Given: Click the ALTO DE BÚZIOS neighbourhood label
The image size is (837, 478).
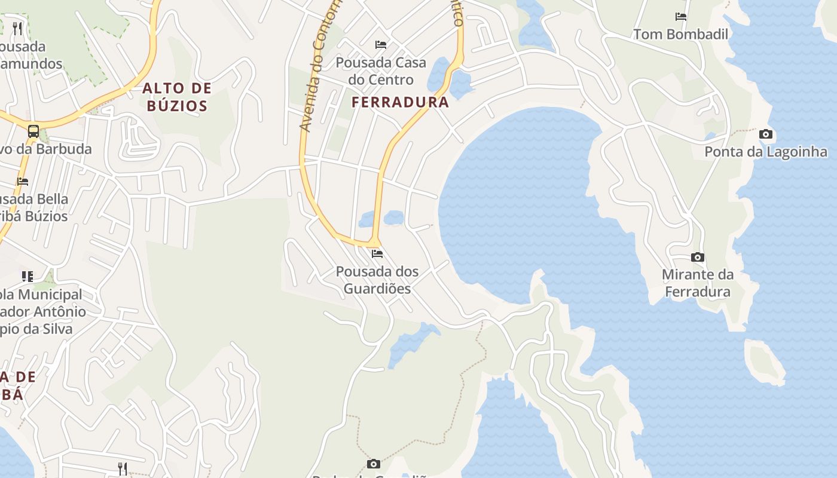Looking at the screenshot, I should tap(177, 97).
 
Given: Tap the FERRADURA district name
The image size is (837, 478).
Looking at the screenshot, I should tap(400, 102).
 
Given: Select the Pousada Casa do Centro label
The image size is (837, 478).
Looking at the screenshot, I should tap(381, 71).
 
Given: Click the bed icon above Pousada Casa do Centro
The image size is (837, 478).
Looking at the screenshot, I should tap(380, 45).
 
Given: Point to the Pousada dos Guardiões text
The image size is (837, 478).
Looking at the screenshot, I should tap(377, 280).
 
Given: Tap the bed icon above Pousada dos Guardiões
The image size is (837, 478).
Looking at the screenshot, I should tap(377, 253).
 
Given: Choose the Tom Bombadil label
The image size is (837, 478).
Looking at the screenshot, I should tap(680, 35).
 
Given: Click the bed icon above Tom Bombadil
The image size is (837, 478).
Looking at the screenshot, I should tap(680, 17).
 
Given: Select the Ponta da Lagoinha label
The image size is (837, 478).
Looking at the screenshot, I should tap(765, 152).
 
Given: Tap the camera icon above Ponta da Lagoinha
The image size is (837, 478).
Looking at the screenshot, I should tap(765, 134).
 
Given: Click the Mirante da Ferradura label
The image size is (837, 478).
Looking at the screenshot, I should tap(697, 283).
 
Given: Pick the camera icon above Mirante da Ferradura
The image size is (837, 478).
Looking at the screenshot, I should tap(697, 258).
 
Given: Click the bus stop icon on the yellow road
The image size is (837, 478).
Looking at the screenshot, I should tap(33, 131).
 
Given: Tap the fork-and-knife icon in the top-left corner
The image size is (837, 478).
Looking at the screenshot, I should tap(17, 28).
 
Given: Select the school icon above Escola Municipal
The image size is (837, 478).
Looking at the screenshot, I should tap(28, 276).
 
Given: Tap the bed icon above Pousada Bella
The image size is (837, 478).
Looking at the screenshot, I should tap(23, 182).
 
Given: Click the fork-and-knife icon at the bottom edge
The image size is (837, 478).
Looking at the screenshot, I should tap(123, 468).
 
